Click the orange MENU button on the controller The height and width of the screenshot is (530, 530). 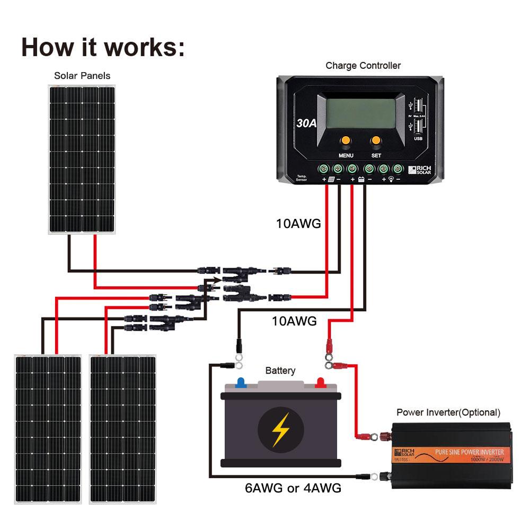345,141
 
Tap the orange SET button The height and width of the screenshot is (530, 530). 376,141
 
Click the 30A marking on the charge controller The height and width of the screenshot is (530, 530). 306,123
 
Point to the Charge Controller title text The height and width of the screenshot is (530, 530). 363,66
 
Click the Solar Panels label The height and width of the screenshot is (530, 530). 82,76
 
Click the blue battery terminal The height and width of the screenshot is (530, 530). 241,382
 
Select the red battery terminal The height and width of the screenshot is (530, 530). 320,382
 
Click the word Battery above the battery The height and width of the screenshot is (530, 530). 280,370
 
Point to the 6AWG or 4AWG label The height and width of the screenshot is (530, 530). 293,488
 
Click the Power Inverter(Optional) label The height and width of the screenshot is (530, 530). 448,412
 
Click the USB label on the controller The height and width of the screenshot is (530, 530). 418,139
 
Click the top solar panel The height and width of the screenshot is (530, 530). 82,159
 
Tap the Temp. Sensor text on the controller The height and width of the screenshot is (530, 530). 302,178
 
